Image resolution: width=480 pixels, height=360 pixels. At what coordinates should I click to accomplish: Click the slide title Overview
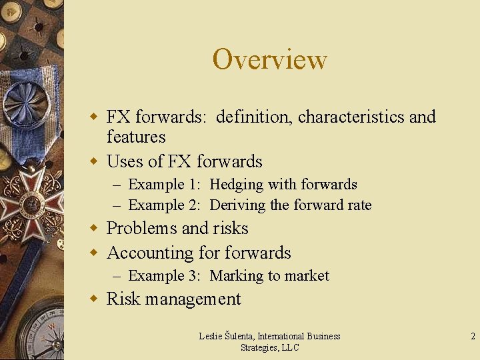[269, 59]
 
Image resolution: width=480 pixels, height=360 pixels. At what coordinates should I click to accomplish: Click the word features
[135, 137]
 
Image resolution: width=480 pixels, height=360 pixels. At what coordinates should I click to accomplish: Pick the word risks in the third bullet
[231, 228]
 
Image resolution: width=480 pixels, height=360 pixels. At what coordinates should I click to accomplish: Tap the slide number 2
[473, 337]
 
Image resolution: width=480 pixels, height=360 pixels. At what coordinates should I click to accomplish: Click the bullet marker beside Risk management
[95, 299]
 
